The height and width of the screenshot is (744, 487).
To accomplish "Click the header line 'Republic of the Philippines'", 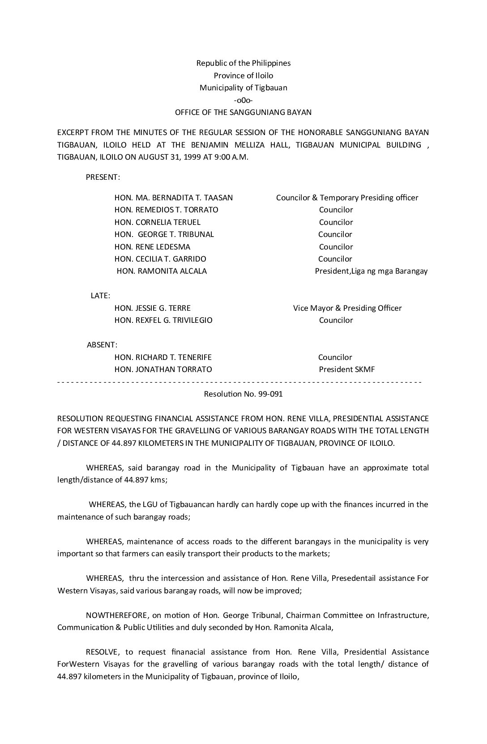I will pyautogui.click(x=243, y=63).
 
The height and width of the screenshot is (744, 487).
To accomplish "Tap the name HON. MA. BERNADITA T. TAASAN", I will pyautogui.click(x=174, y=198).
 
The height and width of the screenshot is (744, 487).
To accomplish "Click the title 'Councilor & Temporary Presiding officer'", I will pyautogui.click(x=347, y=198).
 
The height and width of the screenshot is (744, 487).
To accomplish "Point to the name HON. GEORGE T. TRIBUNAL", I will pyautogui.click(x=164, y=234).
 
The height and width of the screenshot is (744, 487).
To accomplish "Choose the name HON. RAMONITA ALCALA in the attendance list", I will pyautogui.click(x=162, y=271).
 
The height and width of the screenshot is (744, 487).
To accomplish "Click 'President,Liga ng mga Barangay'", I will pyautogui.click(x=371, y=271).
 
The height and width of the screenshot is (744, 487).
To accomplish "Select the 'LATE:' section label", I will pyautogui.click(x=100, y=296).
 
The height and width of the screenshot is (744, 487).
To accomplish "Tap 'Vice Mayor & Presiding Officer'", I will pyautogui.click(x=347, y=308).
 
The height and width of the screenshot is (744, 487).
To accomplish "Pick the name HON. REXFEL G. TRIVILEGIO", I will pyautogui.click(x=163, y=320).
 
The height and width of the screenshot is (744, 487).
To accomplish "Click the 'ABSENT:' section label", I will pyautogui.click(x=102, y=345).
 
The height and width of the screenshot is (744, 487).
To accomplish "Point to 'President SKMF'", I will pyautogui.click(x=347, y=369).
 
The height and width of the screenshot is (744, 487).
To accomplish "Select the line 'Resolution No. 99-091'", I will pyautogui.click(x=243, y=394).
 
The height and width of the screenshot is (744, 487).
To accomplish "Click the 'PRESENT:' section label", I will pyautogui.click(x=103, y=177).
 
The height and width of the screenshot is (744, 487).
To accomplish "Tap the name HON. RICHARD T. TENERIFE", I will pyautogui.click(x=163, y=357).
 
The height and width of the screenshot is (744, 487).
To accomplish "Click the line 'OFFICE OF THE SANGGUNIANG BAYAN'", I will pyautogui.click(x=243, y=112).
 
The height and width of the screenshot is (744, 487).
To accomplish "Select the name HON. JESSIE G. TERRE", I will pyautogui.click(x=153, y=308).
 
